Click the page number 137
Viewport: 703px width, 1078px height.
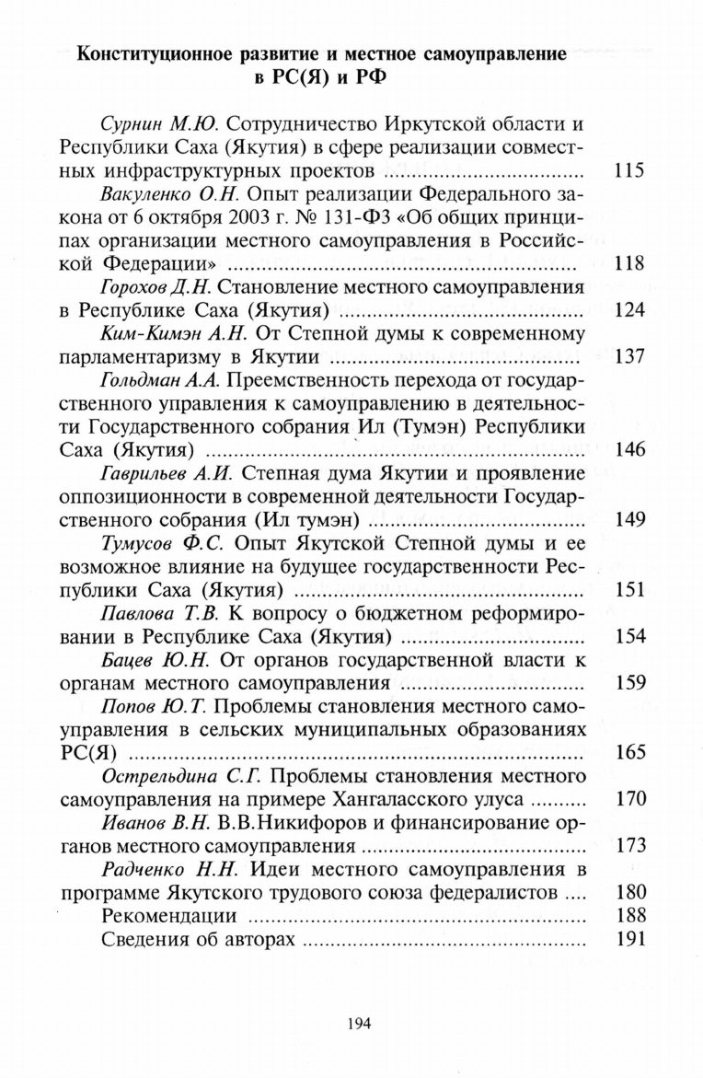(629, 355)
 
